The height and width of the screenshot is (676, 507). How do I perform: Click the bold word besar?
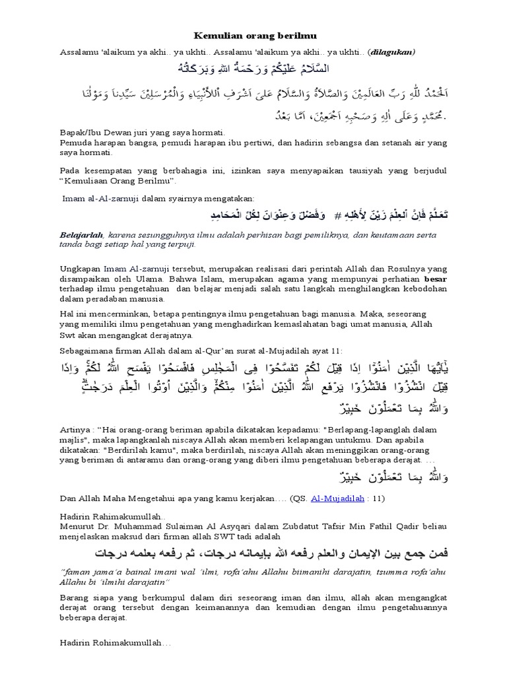point(435,280)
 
